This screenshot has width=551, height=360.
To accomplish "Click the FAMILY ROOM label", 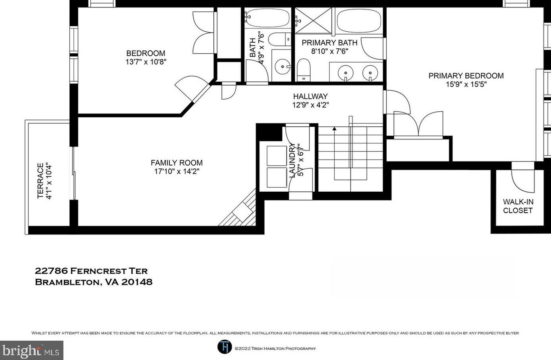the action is coord(177,163).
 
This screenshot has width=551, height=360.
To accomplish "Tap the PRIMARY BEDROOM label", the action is coord(466,76).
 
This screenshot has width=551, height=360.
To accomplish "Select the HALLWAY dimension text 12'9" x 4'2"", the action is coord(311,105).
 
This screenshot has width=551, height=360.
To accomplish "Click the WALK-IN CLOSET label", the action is coord(518,206).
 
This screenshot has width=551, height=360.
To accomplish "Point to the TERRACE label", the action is coord(40,181).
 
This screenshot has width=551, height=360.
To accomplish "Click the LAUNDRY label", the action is coord(292,160).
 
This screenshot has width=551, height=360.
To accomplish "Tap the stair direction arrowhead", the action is coord(334,128).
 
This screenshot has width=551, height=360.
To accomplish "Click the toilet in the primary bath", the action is coord(303,70).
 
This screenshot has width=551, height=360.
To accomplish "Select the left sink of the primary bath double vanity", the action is coord(345,73).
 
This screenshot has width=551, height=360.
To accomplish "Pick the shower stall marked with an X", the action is coord(313,20).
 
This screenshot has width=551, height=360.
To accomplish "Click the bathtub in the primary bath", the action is coord(360,21).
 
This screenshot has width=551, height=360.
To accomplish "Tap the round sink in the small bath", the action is coord(283,67).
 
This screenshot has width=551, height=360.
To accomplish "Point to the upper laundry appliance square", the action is coord(277,156).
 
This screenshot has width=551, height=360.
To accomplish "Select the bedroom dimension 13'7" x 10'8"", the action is coord(146,62).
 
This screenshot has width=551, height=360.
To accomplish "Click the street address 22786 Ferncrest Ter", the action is coord(91,271).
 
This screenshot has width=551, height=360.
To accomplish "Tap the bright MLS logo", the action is coord(31,350).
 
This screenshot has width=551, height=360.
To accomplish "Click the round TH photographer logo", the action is coord(225,347).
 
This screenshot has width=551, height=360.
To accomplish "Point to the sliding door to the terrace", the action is coord(74,173).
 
